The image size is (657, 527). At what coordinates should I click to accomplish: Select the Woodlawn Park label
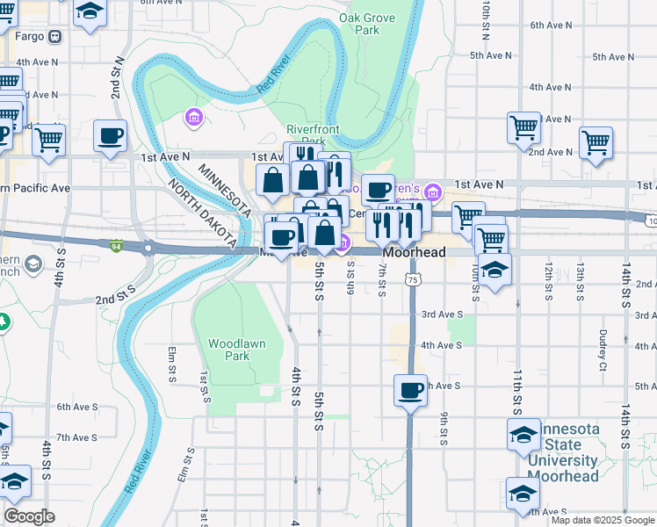click(x=229, y=350)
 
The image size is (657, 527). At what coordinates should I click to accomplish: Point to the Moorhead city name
click(x=414, y=253)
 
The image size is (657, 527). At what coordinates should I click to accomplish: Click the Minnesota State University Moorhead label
click(x=567, y=452)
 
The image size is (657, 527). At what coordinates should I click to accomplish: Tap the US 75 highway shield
click(x=412, y=278)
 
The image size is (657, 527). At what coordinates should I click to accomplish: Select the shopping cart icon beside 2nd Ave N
click(x=596, y=142)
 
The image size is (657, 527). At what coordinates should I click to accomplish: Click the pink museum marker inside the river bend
click(x=194, y=116)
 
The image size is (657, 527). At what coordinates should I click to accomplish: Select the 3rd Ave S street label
click(x=442, y=314)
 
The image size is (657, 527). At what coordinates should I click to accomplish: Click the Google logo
click(x=29, y=516)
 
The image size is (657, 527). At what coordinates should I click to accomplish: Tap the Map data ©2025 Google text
click(x=602, y=520)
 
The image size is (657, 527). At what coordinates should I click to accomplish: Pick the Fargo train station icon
click(x=54, y=37)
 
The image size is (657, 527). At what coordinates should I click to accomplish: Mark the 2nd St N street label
click(x=116, y=79)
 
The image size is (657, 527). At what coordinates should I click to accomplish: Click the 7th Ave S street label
click(x=76, y=437)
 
